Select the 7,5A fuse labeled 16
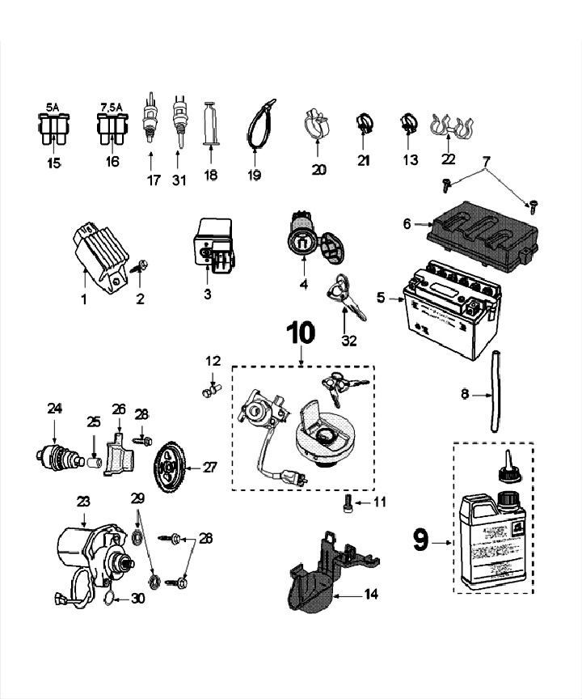coord(112,128)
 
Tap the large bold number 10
coord(300,333)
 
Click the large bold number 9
coord(420,540)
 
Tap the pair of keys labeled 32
coord(344,295)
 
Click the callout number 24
coord(54,409)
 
